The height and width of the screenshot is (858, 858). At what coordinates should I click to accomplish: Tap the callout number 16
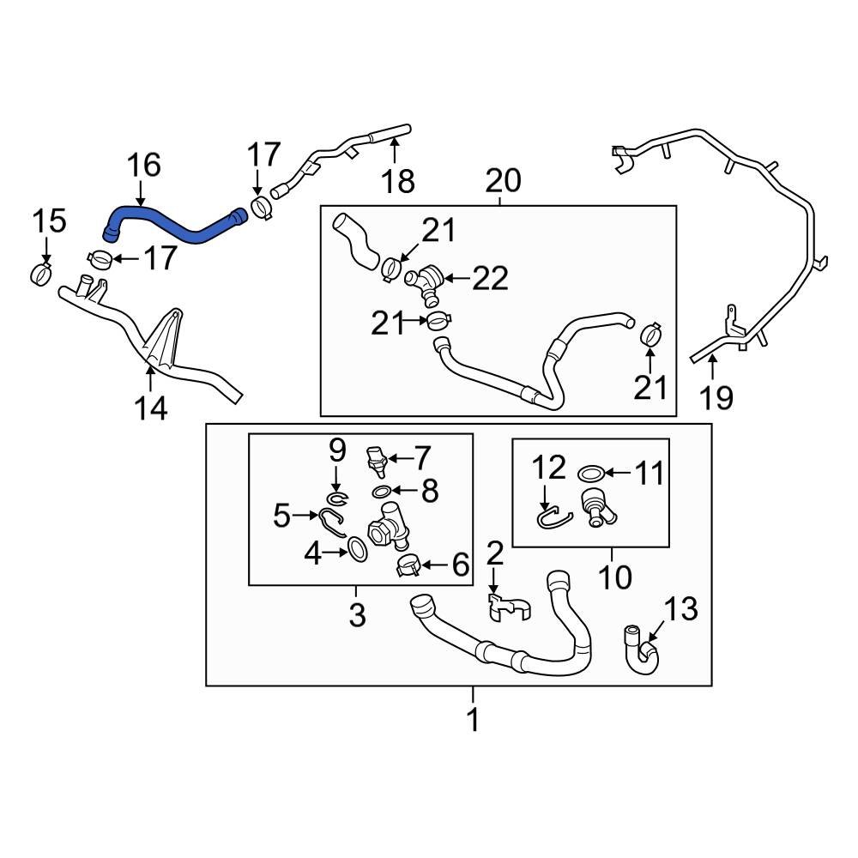pos(145,166)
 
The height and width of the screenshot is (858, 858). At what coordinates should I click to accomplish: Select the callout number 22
pos(491,278)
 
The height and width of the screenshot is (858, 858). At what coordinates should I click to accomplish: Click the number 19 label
pos(716,396)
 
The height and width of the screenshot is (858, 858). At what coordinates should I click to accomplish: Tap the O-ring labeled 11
pos(590,473)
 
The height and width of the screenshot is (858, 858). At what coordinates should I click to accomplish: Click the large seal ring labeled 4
pos(359,549)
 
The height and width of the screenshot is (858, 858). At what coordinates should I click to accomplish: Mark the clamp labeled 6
pos(408,565)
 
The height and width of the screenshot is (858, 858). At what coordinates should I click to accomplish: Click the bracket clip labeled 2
pos(504,605)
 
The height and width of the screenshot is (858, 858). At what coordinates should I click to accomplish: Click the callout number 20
pos(503,181)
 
